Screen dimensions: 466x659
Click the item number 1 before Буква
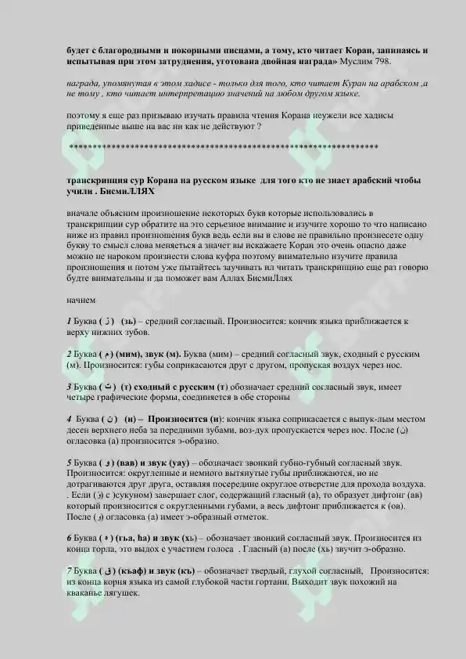point(69,322)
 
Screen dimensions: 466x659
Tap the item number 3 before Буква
point(69,387)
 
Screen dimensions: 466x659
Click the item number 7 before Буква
point(69,571)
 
